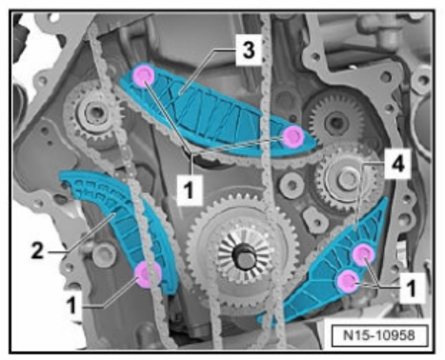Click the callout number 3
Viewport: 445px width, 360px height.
[249, 50]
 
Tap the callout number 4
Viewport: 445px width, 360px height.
[397, 165]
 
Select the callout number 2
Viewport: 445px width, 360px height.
[37, 250]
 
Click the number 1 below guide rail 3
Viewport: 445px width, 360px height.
[189, 190]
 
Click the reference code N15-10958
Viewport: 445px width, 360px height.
[379, 335]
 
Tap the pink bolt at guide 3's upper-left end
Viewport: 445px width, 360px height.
[144, 76]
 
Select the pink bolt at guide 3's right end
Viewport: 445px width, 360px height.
[293, 136]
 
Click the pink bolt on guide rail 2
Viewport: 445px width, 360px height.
[148, 274]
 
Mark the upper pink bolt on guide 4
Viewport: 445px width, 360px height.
[364, 254]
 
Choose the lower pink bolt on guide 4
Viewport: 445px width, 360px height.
[348, 281]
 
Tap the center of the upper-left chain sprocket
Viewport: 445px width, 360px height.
[94, 111]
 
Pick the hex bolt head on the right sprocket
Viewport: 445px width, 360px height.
[348, 179]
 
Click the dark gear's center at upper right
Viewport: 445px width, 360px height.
[335, 122]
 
